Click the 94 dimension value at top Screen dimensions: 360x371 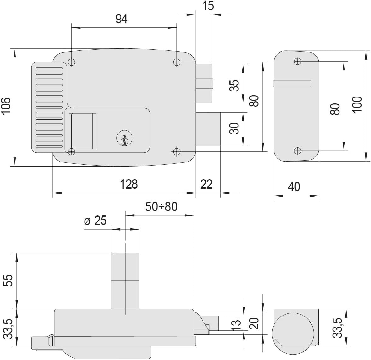coord(121,19)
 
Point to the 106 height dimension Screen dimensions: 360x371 coord(6,106)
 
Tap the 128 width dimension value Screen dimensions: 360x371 coord(129,184)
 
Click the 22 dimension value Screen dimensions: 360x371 coord(206,184)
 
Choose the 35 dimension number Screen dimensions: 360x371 coord(234,86)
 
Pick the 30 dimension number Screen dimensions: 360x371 coord(234,128)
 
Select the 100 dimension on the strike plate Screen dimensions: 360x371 coord(357,105)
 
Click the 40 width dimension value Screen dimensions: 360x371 coord(294,187)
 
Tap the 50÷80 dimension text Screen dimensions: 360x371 coord(161,206)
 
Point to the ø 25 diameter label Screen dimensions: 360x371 coord(96,221)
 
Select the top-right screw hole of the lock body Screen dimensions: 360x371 coord(177,62)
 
